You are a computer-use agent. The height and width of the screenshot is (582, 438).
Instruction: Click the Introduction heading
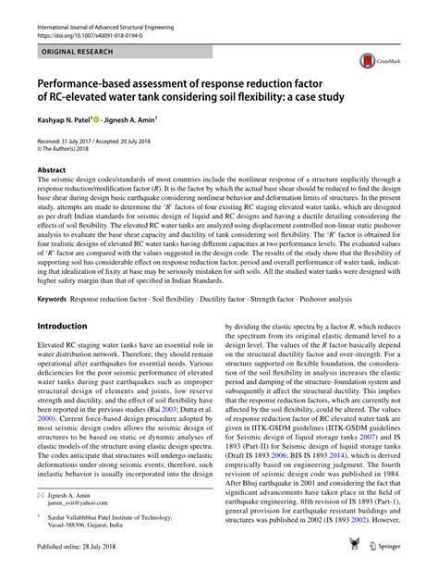(67, 301)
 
